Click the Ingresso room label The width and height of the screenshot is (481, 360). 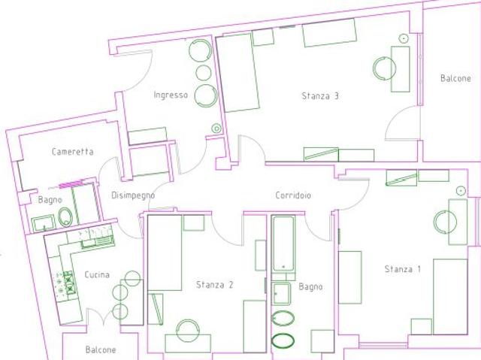(171, 95)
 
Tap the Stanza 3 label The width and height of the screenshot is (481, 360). (320, 96)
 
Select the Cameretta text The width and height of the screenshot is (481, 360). (72, 152)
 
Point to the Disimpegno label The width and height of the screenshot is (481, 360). (133, 195)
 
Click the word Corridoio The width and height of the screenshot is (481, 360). (293, 195)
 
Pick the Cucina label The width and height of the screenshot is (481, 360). (97, 274)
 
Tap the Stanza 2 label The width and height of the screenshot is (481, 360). (214, 285)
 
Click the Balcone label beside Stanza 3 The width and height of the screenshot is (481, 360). (455, 78)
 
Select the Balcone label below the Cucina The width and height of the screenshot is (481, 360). (101, 349)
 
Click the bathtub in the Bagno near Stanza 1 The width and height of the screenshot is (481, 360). (284, 244)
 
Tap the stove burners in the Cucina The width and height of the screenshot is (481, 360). (69, 282)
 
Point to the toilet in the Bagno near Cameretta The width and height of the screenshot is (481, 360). (65, 216)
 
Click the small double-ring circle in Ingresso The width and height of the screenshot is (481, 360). (216, 129)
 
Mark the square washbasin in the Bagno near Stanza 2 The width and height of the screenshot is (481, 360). (282, 294)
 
